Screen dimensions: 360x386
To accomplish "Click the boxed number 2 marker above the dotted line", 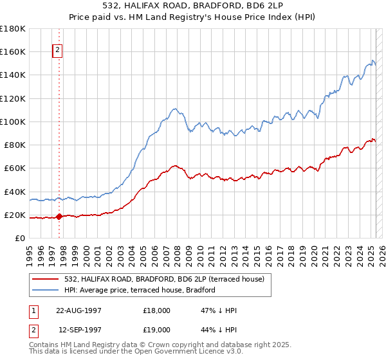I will [57, 51].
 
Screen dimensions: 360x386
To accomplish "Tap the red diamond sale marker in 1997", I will [59, 217].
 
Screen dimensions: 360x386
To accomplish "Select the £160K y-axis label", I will [14, 51].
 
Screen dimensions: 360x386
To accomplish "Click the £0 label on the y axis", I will [20, 239].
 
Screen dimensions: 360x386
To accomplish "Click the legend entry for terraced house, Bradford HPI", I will [142, 290].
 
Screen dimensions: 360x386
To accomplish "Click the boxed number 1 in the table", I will [33, 310].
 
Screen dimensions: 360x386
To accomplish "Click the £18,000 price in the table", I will [157, 310].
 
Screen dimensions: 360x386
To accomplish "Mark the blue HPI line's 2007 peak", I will [175, 109].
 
